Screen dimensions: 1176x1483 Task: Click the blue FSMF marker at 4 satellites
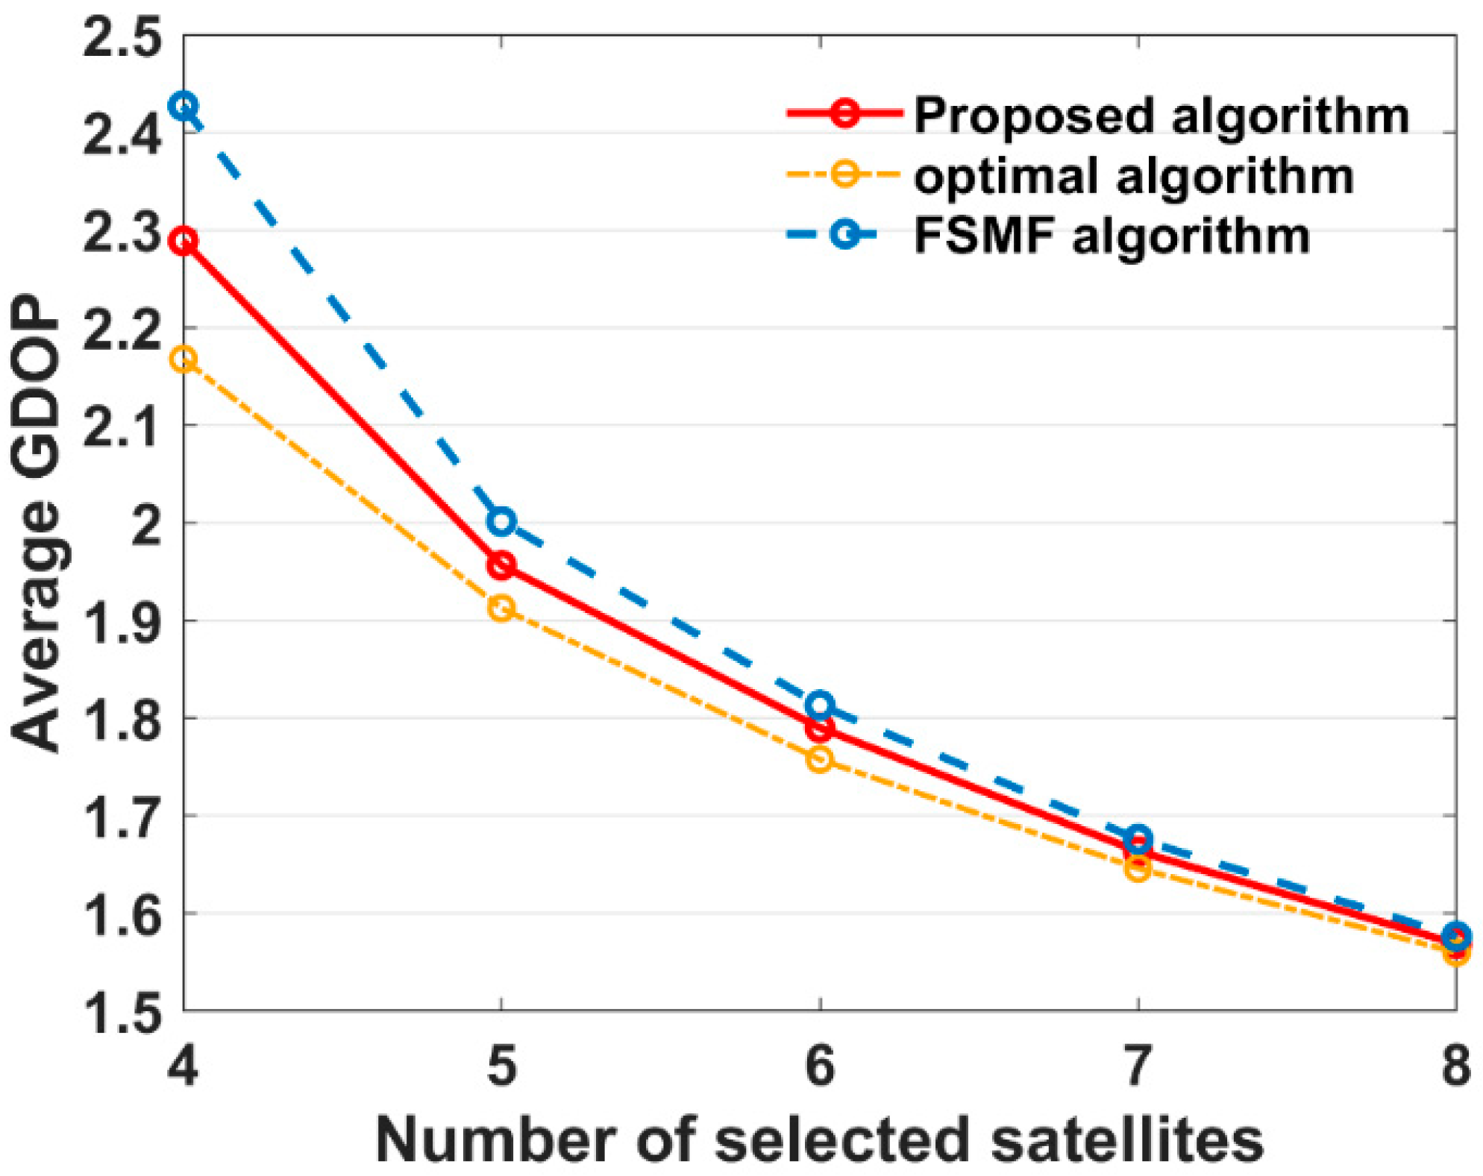(x=184, y=106)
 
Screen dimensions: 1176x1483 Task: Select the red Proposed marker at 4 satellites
(x=184, y=241)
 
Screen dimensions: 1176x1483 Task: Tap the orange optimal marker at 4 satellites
(x=184, y=359)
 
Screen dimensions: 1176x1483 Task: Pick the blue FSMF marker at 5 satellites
(x=502, y=521)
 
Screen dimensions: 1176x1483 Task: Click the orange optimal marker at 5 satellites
(x=502, y=608)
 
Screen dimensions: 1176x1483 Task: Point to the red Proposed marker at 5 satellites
(x=502, y=565)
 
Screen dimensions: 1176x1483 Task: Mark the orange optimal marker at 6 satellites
(x=820, y=759)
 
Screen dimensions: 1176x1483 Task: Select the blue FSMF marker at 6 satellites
(x=820, y=704)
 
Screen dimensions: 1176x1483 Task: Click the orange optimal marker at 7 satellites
(x=1138, y=868)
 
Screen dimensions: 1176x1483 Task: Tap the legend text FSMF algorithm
(x=1112, y=236)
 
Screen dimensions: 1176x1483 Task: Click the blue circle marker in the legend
(x=845, y=236)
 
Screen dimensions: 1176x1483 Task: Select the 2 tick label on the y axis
(x=145, y=524)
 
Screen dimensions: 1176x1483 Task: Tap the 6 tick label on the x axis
(x=820, y=1066)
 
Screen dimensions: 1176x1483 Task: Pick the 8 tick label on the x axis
(x=1455, y=1066)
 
